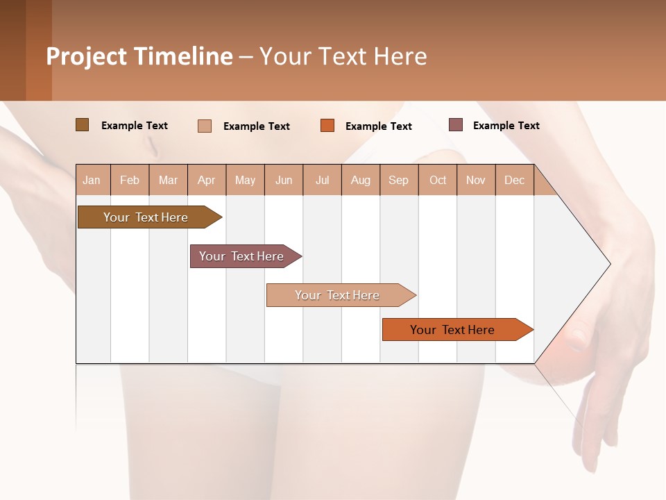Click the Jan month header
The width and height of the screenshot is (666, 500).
[x=92, y=180]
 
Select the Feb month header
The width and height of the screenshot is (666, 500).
[x=130, y=180]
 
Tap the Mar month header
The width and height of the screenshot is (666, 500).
[x=168, y=180]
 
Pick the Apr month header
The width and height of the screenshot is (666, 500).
[x=207, y=180]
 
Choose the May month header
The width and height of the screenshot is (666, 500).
[x=245, y=180]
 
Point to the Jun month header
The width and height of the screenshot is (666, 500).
[x=284, y=180]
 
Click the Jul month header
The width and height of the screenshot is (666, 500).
[x=322, y=180]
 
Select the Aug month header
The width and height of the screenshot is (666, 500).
[x=361, y=180]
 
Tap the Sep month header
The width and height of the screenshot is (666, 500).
[x=399, y=180]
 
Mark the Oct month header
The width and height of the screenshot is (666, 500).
[x=438, y=180]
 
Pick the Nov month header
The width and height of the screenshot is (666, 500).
[x=476, y=180]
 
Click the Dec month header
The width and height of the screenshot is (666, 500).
[x=515, y=180]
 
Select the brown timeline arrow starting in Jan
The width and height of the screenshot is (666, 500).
[x=146, y=217]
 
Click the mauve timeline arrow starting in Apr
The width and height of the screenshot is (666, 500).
[x=242, y=256]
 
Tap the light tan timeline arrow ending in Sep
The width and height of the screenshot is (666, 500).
[x=338, y=295]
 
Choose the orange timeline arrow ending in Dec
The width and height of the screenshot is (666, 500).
[x=453, y=330]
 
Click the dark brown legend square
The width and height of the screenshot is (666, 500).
[x=83, y=125]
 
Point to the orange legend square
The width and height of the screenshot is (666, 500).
[x=327, y=126]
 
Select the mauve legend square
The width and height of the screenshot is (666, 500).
[x=456, y=125]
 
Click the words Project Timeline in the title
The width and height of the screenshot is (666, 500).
[x=139, y=56]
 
